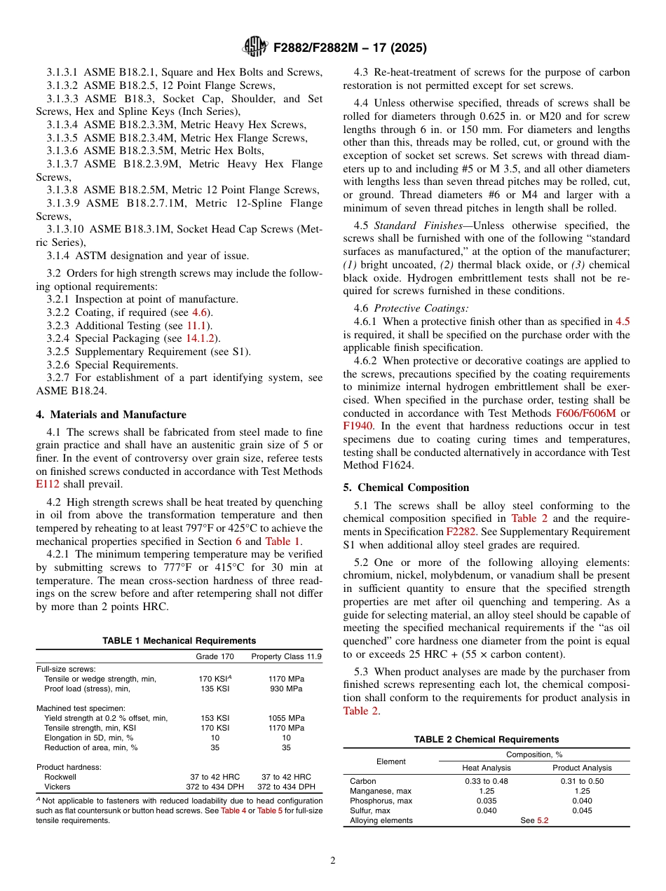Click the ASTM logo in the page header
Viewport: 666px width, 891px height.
click(254, 47)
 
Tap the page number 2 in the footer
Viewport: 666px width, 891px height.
click(333, 861)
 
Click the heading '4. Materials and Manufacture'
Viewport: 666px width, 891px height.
click(111, 415)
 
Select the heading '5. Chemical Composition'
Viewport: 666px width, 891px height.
click(407, 488)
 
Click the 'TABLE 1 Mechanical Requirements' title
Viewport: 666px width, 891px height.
click(179, 640)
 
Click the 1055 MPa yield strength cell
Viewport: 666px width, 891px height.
click(286, 718)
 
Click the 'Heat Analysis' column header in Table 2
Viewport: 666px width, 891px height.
click(487, 768)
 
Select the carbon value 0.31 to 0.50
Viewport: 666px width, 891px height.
click(582, 781)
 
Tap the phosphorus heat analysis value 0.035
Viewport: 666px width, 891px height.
click(487, 801)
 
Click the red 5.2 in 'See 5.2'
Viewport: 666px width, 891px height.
click(543, 820)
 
